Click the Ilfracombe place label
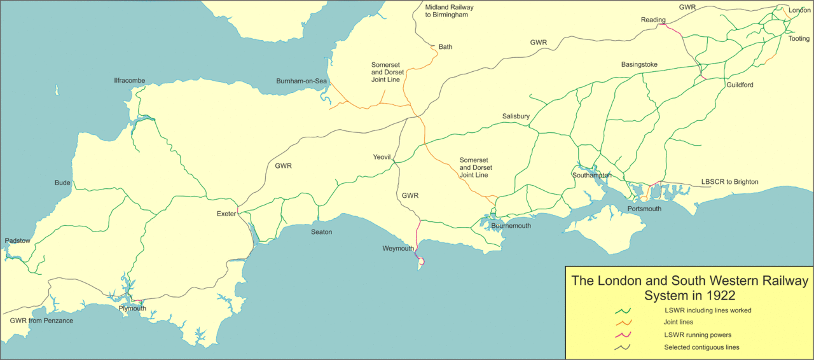tap(129, 81)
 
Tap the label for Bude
tap(62, 183)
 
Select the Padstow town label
tap(17, 240)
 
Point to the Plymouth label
tap(132, 308)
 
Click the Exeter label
tap(226, 214)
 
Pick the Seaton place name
tap(321, 232)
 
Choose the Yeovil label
tap(383, 157)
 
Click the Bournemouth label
tap(511, 226)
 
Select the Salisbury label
tap(516, 116)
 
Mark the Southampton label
tap(591, 175)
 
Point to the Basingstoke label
tap(639, 65)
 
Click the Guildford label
tap(739, 85)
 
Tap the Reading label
tap(652, 20)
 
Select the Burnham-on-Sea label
tap(301, 81)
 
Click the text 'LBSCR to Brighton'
tap(729, 182)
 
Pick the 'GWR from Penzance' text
tap(41, 321)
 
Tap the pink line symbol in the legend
tap(623, 335)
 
